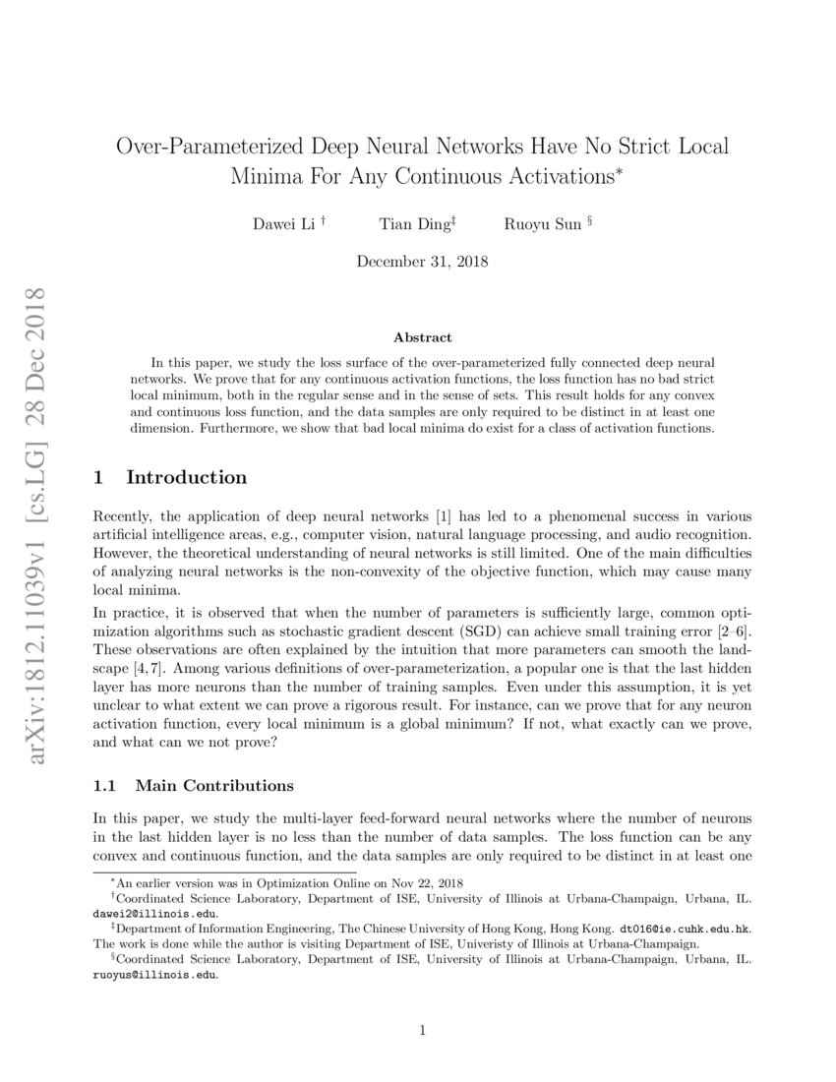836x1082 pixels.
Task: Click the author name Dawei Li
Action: (x=284, y=224)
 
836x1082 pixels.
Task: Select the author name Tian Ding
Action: (x=415, y=224)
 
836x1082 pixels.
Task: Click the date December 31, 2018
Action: (x=422, y=263)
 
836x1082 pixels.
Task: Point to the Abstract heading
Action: (x=422, y=337)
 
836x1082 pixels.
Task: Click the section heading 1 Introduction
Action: (x=169, y=478)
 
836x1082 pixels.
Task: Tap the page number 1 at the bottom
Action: (x=422, y=1031)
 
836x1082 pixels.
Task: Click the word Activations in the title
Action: (x=551, y=178)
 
